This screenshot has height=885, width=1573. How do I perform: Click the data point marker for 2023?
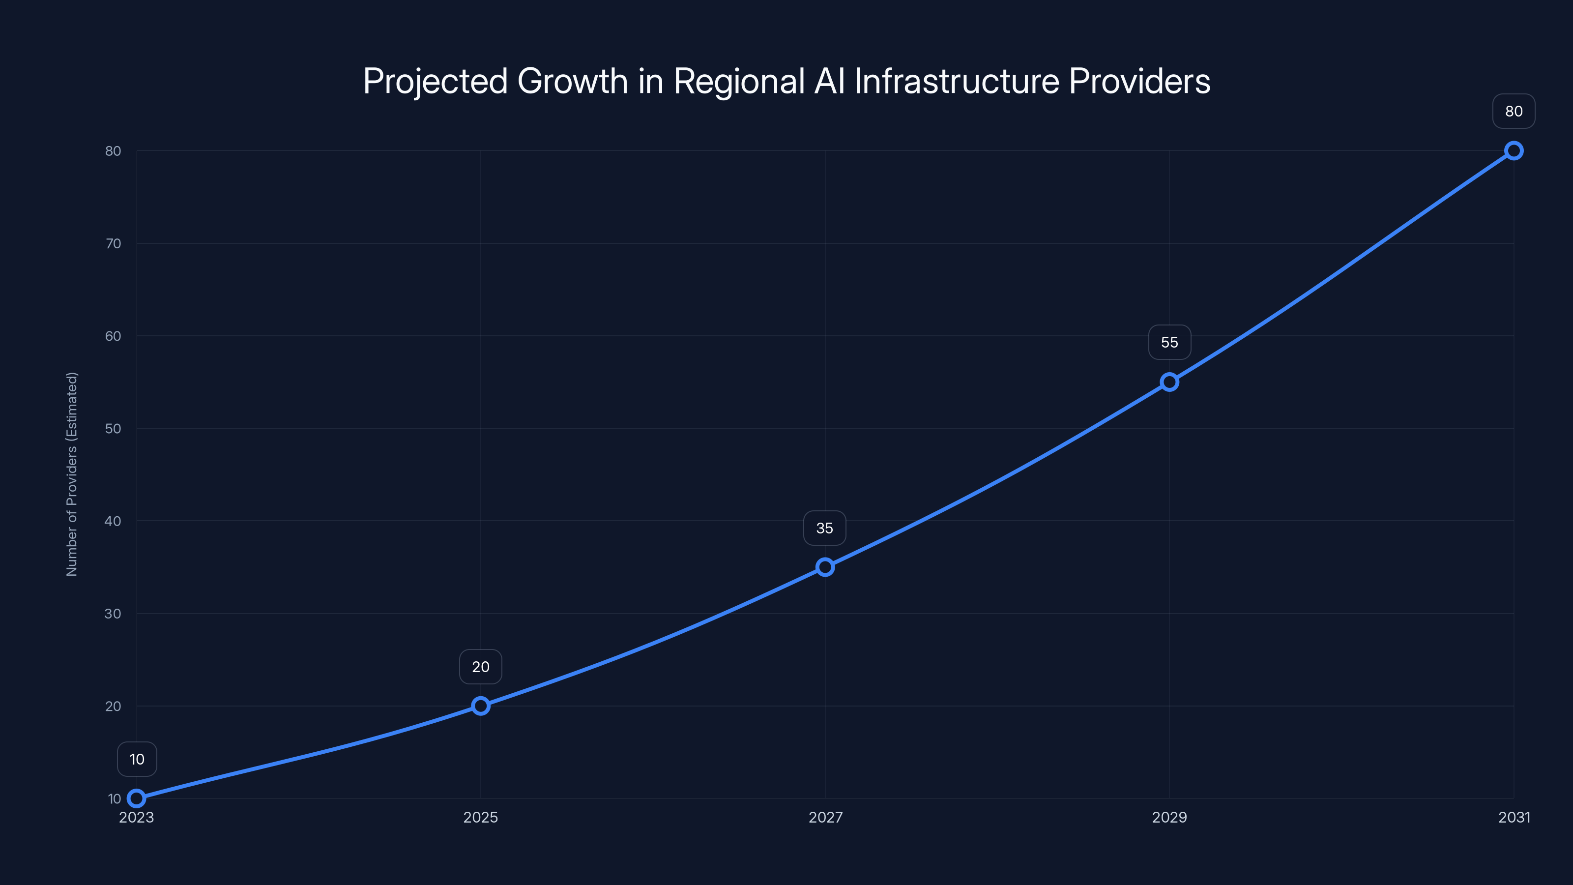(136, 798)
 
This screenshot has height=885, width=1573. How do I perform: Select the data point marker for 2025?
(481, 706)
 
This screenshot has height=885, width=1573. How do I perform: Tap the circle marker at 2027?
(825, 567)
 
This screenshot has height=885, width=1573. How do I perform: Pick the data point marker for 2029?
(1169, 383)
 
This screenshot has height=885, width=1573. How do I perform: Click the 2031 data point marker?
(1514, 151)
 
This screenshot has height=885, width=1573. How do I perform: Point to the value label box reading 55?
(1169, 343)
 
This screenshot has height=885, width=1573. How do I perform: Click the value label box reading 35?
(824, 529)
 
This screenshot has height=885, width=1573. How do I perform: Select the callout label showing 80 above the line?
(1514, 111)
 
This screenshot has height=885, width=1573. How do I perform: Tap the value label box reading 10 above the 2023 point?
(137, 759)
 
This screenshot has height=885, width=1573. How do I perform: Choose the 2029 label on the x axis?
(1169, 817)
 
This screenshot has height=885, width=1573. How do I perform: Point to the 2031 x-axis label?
(1515, 817)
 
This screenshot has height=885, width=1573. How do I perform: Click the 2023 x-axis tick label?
(136, 817)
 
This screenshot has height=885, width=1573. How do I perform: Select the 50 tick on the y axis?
(113, 429)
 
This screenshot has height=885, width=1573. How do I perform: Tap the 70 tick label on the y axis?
(113, 244)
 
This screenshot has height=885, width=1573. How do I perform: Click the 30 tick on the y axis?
(113, 614)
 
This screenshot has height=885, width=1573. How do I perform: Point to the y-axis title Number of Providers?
(72, 474)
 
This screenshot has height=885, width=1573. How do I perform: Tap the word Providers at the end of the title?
(1139, 81)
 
